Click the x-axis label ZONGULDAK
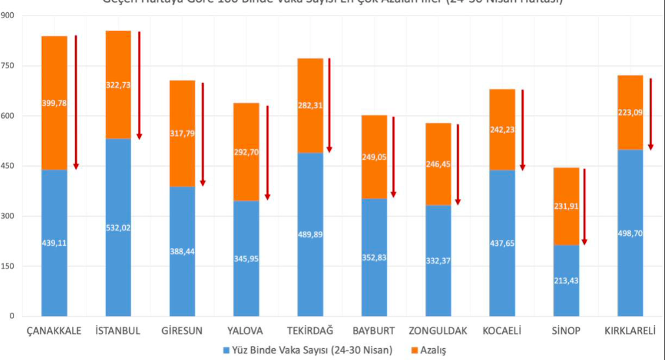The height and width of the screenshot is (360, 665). point(439,331)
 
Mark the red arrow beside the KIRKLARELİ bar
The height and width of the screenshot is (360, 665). point(651,114)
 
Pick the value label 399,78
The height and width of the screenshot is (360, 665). point(54,103)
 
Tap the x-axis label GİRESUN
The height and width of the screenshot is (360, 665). point(182,331)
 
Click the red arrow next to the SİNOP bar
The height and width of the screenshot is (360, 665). point(584,206)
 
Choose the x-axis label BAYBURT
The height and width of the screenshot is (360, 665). point(374,331)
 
